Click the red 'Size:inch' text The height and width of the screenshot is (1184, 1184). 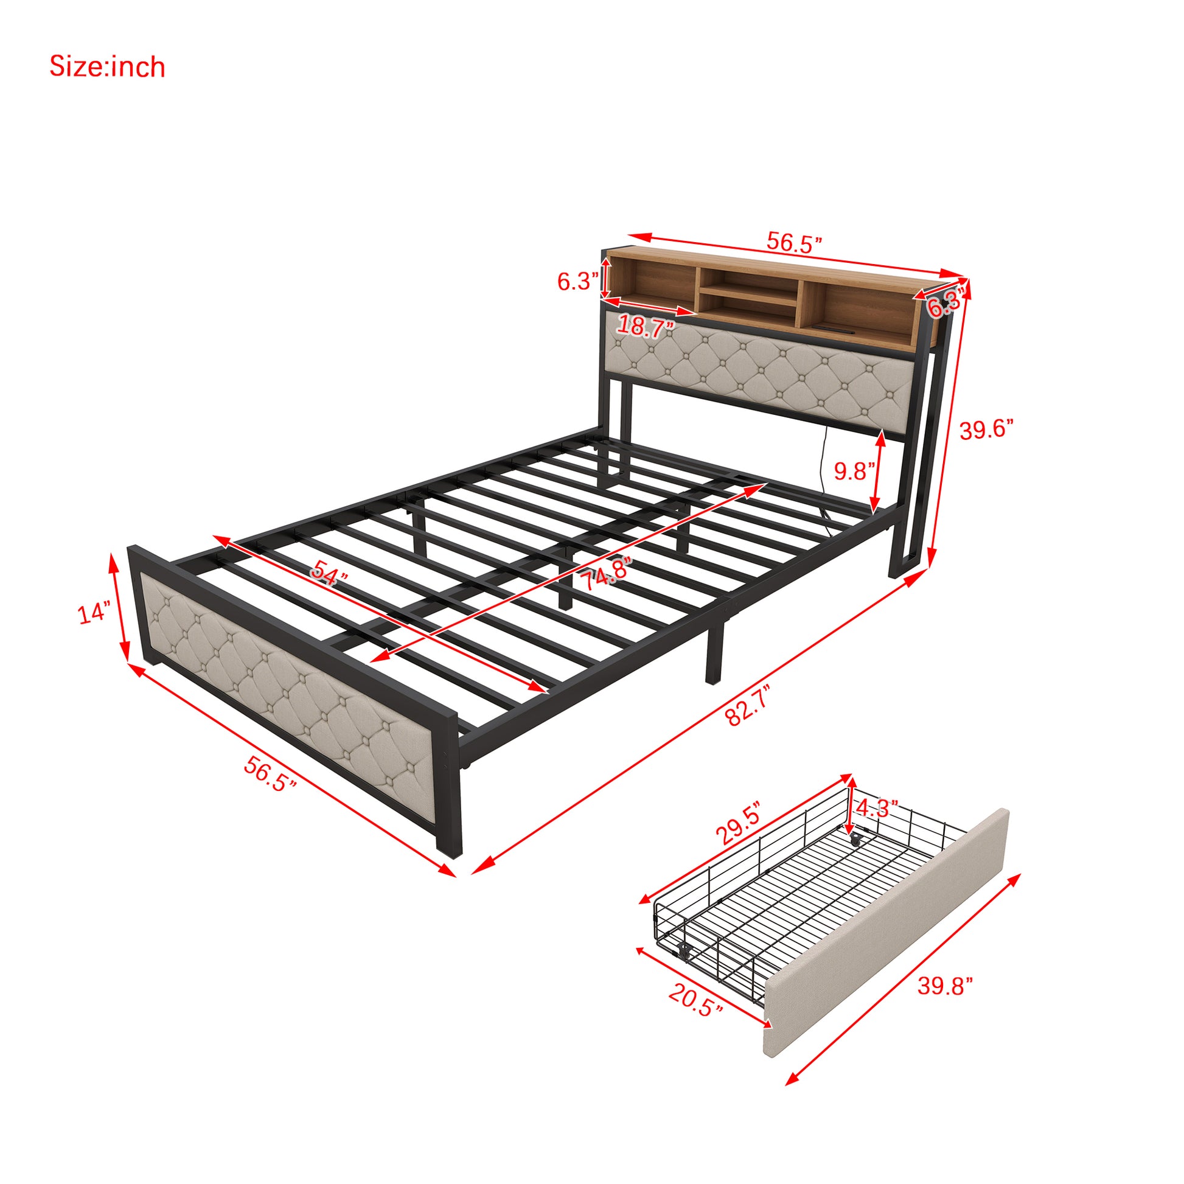[x=107, y=67]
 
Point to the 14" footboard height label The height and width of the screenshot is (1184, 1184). [x=94, y=612]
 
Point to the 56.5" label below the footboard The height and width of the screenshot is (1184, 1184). [x=270, y=774]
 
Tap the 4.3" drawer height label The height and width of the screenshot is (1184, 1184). [x=877, y=809]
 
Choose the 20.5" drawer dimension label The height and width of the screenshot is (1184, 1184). [x=695, y=1000]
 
